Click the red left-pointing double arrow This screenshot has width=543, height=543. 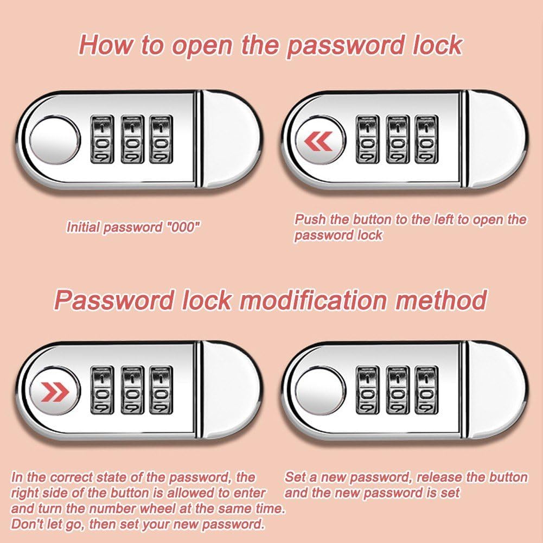pyautogui.click(x=318, y=142)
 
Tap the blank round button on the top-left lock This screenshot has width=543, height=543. pyautogui.click(x=54, y=140)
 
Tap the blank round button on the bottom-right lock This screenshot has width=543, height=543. pyautogui.click(x=320, y=390)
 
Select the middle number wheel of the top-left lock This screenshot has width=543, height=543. pyautogui.click(x=132, y=139)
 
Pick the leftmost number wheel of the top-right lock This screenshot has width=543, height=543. pyautogui.click(x=367, y=139)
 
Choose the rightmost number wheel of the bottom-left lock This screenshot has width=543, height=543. pyautogui.click(x=161, y=390)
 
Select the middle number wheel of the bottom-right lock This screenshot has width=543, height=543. pyautogui.click(x=397, y=390)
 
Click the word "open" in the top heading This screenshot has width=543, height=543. pyautogui.click(x=202, y=46)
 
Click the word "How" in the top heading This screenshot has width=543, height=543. pyautogui.click(x=106, y=44)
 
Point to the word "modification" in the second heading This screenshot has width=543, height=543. pyautogui.click(x=313, y=299)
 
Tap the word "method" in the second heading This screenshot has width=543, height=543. pyautogui.click(x=441, y=299)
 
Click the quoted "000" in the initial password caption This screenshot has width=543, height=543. pyautogui.click(x=183, y=227)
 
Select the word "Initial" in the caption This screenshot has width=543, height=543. pyautogui.click(x=83, y=227)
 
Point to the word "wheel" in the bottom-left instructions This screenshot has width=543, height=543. pyautogui.click(x=154, y=508)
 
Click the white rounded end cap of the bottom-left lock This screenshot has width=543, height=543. pyautogui.click(x=231, y=390)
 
